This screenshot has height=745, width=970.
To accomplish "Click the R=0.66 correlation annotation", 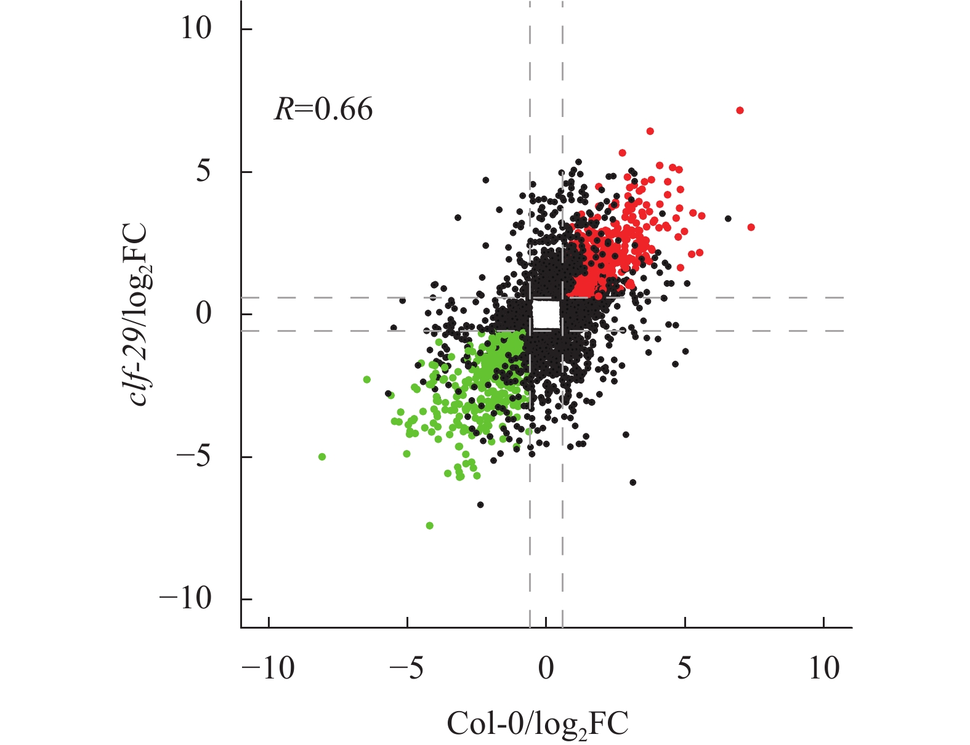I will tap(323, 110).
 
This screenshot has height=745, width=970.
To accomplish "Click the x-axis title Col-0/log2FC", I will tap(537, 724).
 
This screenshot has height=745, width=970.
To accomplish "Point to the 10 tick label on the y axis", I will tap(196, 28).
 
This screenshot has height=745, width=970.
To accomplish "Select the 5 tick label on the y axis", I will tap(203, 171).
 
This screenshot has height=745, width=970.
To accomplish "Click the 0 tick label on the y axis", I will tap(203, 314).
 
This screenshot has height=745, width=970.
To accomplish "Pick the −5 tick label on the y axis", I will tap(193, 457).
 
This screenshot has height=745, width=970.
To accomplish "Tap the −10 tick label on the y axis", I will tap(185, 598).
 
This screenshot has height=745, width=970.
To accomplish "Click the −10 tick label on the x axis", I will tap(269, 668).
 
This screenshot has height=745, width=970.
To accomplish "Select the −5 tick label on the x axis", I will tap(407, 668).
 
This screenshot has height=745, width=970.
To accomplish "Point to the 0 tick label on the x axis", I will tap(546, 668).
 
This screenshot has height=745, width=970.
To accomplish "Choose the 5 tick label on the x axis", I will tap(685, 668).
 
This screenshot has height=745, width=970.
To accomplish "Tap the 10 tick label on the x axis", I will tap(824, 668).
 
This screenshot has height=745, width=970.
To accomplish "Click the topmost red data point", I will tap(740, 110).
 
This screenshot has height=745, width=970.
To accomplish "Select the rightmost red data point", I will tap(751, 227).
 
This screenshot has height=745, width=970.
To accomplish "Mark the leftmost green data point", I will tap(321, 457).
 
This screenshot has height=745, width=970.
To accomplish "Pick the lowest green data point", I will tap(429, 525).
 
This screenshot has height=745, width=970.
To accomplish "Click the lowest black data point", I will tap(480, 505).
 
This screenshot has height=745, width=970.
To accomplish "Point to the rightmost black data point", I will tap(728, 219).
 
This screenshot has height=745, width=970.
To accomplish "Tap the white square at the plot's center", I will tap(546, 314).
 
